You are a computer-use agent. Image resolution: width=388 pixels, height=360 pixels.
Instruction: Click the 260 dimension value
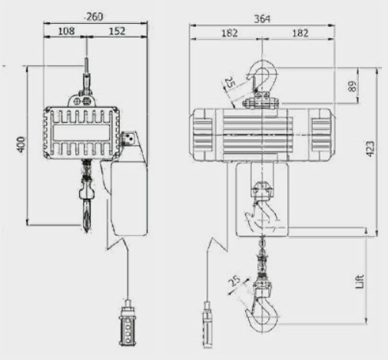(94, 17)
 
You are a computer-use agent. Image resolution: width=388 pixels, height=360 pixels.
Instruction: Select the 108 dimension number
(67, 31)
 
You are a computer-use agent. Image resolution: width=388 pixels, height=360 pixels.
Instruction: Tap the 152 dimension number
(117, 31)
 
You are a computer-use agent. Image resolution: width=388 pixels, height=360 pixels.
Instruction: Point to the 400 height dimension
(22, 145)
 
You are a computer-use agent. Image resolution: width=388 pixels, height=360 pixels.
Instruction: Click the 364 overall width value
(262, 19)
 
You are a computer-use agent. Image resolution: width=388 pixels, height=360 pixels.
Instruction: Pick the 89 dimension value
(353, 86)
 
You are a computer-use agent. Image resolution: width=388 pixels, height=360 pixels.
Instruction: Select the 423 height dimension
(370, 148)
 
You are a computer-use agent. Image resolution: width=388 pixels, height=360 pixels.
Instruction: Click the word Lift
(360, 282)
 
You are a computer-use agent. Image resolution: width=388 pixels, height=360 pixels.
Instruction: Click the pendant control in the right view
(207, 325)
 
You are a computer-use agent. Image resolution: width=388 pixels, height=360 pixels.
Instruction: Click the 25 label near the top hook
(230, 82)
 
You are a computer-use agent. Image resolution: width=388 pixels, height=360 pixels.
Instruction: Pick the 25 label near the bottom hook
(234, 281)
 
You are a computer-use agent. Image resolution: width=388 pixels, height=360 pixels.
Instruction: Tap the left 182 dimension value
(230, 33)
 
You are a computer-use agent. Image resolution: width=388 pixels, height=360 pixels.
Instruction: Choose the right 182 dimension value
(300, 33)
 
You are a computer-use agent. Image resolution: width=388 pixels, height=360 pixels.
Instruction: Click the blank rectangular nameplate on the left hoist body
(81, 132)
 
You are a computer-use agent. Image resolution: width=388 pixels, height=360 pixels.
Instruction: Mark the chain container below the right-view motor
(262, 200)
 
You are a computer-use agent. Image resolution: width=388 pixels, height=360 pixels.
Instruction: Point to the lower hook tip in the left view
(87, 232)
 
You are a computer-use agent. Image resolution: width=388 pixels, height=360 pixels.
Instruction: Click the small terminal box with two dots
(129, 138)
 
